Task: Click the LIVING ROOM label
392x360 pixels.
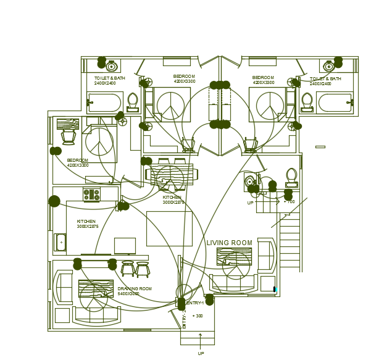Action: [x=229, y=243]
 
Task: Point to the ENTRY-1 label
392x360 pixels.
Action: [x=194, y=303]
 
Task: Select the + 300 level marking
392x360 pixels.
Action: [x=198, y=316]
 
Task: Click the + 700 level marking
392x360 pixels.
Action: [x=289, y=202]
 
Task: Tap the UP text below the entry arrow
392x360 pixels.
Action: [x=201, y=354]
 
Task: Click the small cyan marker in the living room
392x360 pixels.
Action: [x=275, y=289]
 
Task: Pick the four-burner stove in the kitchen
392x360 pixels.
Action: [x=91, y=195]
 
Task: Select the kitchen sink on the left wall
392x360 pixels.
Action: [x=60, y=242]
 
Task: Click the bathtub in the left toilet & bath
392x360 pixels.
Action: [x=105, y=102]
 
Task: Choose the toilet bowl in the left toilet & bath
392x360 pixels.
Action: [x=133, y=101]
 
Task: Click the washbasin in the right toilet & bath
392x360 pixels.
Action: [x=329, y=66]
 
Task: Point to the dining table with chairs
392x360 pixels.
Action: [x=172, y=175]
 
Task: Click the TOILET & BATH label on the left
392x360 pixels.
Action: [x=110, y=80]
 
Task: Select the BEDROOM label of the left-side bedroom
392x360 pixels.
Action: [x=78, y=162]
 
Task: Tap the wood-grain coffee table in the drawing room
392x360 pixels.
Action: [x=96, y=288]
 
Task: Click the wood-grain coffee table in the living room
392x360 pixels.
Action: [x=234, y=256]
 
